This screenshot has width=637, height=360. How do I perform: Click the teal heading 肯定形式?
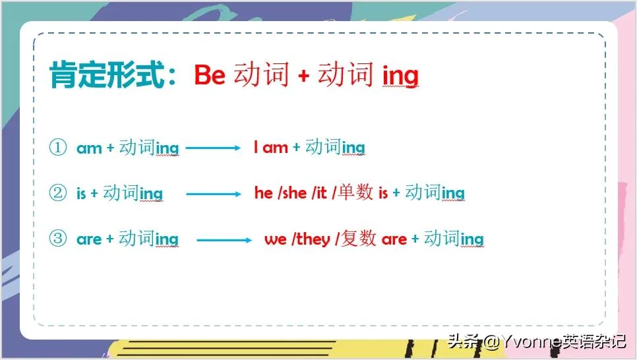(107, 75)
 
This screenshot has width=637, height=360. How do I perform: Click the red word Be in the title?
(210, 75)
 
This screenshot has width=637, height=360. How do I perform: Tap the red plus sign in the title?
(303, 76)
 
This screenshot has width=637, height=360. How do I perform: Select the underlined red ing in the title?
(400, 76)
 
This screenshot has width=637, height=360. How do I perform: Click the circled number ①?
(57, 147)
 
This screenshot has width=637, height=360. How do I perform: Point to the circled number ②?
(57, 193)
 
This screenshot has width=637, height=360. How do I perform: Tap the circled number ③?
(57, 238)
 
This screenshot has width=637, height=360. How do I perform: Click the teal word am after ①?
(89, 149)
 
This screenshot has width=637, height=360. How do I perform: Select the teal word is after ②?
(81, 193)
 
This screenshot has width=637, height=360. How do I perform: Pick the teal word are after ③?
(89, 240)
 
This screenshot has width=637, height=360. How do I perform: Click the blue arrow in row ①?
(213, 148)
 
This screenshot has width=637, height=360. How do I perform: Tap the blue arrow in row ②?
(214, 195)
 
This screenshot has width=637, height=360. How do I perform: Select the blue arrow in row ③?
(224, 240)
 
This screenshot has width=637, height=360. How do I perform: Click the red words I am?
(271, 147)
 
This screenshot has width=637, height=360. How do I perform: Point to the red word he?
(264, 193)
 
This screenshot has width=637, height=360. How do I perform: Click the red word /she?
(292, 193)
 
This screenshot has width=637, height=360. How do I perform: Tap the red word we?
(276, 239)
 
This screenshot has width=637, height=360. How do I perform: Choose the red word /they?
(311, 239)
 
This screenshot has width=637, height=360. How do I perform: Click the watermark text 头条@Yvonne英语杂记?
(537, 342)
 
